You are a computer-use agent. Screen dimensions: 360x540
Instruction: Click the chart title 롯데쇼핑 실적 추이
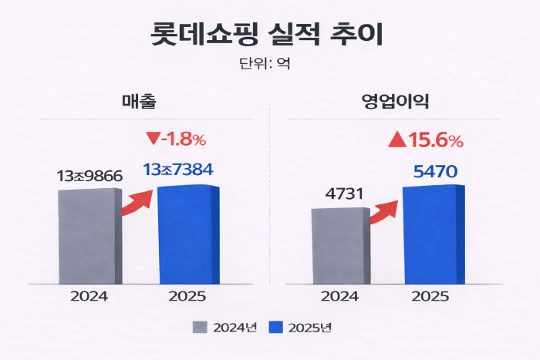(269, 35)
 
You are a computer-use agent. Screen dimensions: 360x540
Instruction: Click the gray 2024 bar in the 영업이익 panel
(339, 245)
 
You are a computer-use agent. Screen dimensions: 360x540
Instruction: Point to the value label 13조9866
(89, 177)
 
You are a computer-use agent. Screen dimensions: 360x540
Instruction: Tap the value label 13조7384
(178, 170)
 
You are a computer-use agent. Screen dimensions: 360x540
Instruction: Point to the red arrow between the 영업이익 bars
(383, 211)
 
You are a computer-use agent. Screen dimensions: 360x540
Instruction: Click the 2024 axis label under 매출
(88, 296)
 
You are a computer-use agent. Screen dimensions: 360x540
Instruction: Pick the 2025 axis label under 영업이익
(432, 296)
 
